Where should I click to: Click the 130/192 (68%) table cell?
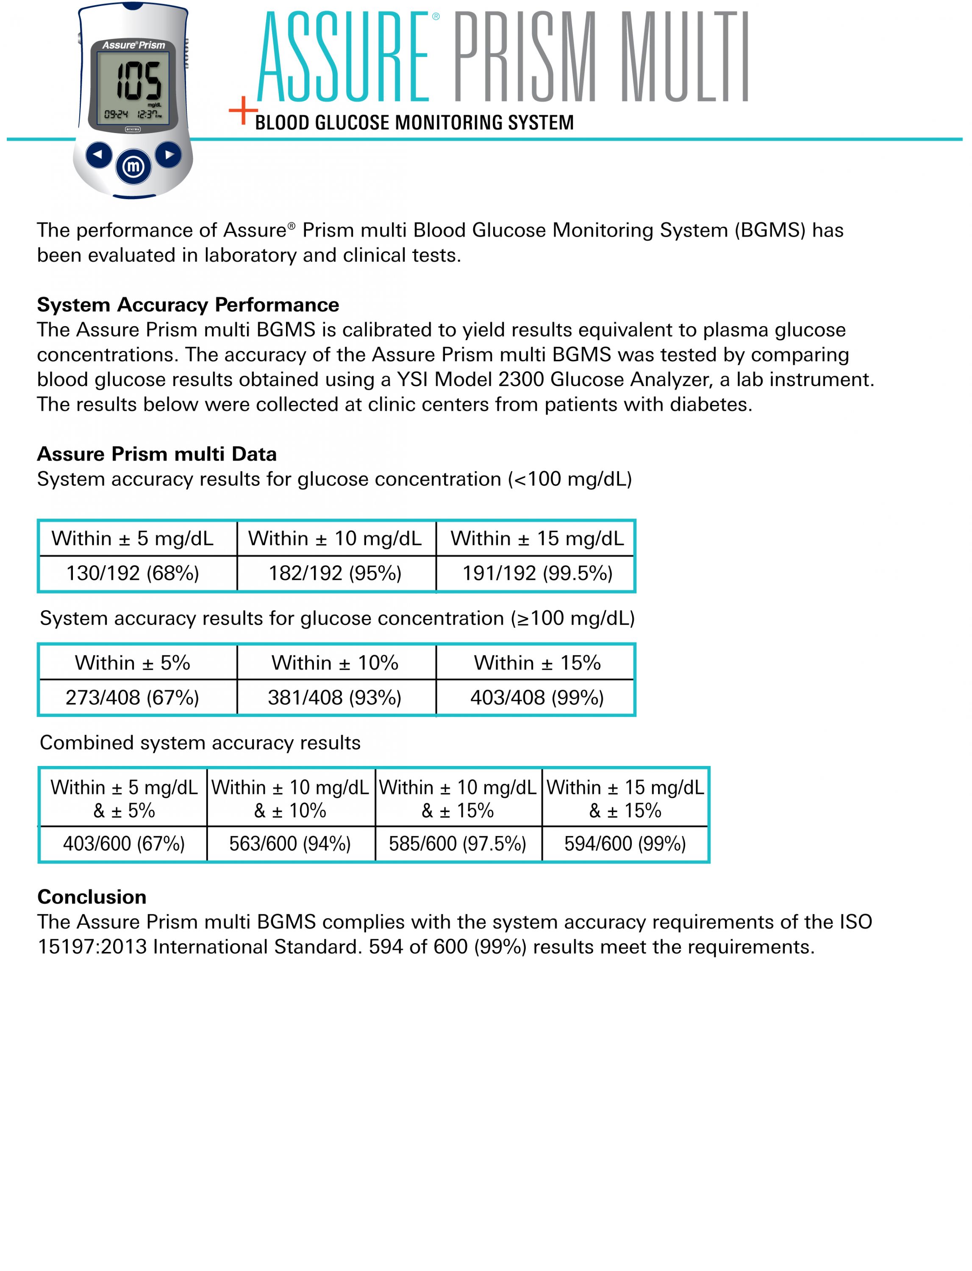pos(133,573)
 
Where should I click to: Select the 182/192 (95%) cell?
pos(335,573)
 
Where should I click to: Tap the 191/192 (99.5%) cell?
pos(537,573)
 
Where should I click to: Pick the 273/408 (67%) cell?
pos(133,698)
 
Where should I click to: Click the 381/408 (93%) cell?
pos(335,698)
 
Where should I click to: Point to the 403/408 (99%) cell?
pos(537,698)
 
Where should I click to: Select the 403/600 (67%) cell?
pos(124,844)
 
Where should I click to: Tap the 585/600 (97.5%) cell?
pos(458,844)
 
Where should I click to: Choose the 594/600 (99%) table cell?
pos(625,844)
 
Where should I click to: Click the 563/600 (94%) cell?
pos(290,844)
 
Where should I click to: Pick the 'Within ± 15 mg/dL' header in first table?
pos(537,538)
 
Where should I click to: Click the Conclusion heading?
pos(92,897)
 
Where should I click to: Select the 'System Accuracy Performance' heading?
pos(188,305)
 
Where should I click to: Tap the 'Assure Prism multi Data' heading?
pos(157,454)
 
